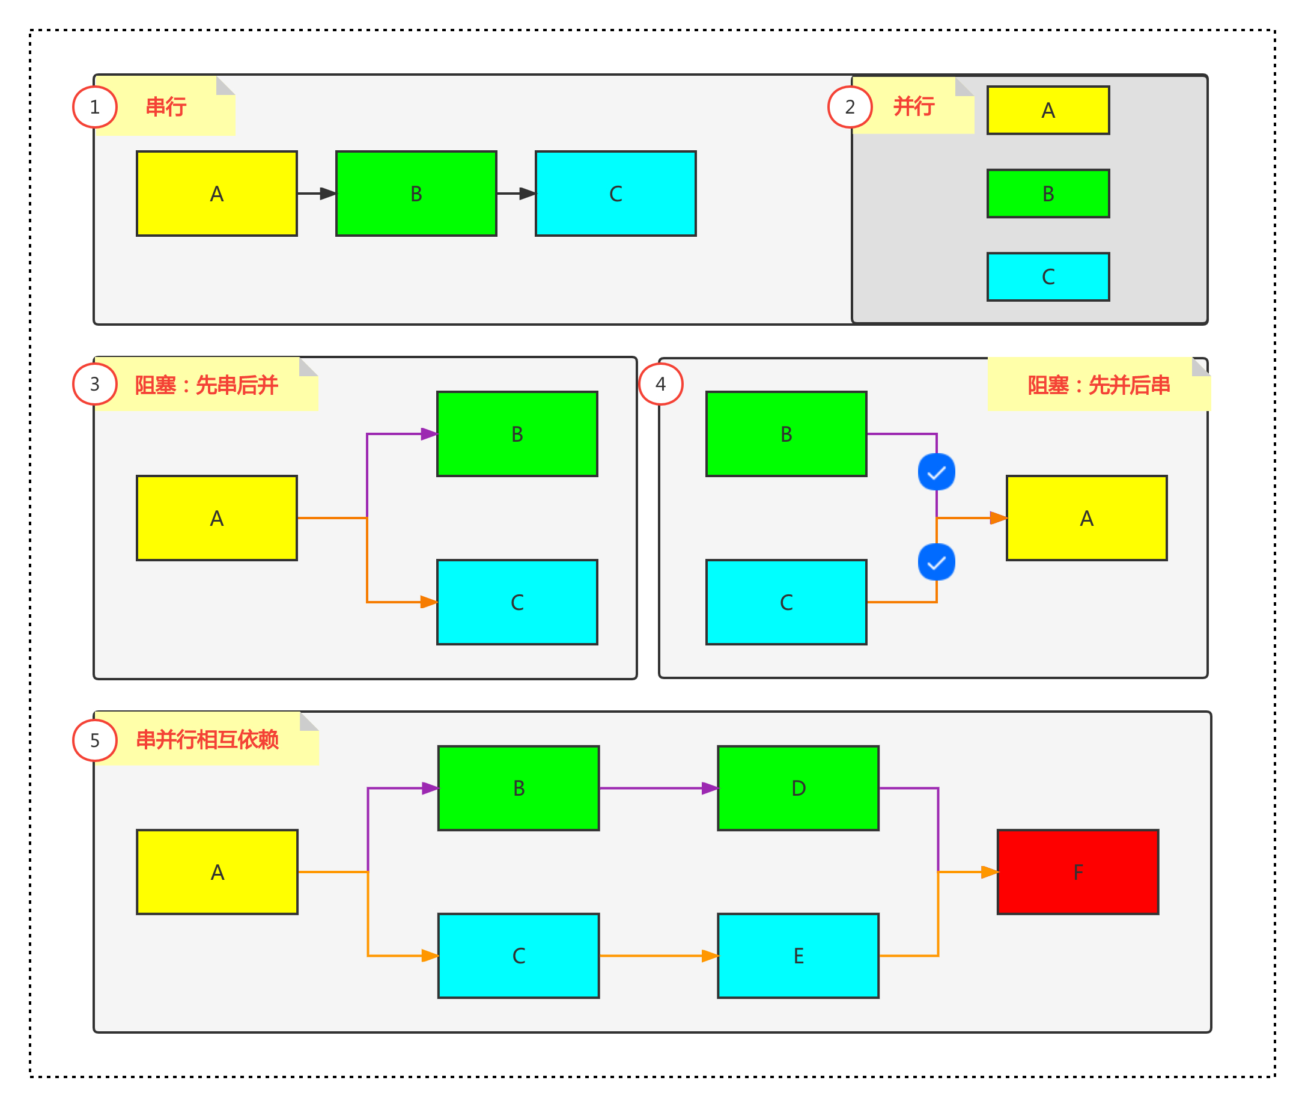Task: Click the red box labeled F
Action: click(x=1077, y=871)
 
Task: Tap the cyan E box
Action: click(x=798, y=956)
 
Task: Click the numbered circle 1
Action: click(x=95, y=108)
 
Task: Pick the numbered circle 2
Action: click(x=850, y=108)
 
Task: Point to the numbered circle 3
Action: click(x=95, y=384)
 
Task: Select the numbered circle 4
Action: click(x=661, y=384)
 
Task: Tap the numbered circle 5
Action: click(x=95, y=740)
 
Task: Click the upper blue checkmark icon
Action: click(x=936, y=472)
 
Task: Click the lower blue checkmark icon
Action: click(x=936, y=563)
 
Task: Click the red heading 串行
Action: click(x=166, y=107)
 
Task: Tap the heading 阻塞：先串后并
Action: click(x=207, y=385)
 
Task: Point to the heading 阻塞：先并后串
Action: click(x=1098, y=385)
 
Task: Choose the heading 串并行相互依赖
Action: click(x=207, y=740)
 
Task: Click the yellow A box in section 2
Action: click(x=1048, y=111)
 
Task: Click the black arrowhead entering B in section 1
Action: click(x=327, y=194)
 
